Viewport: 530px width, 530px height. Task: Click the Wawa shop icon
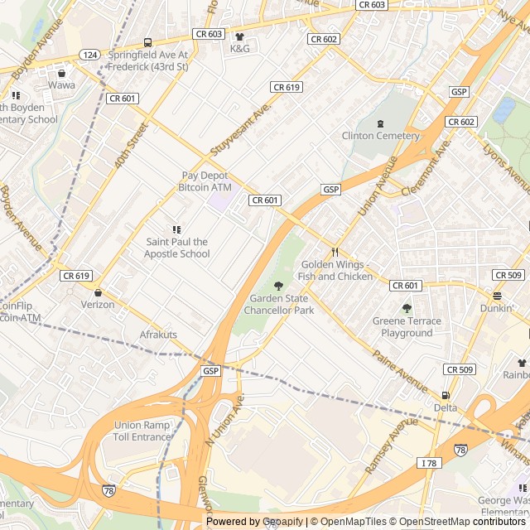(61, 73)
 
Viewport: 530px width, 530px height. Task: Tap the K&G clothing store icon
(240, 37)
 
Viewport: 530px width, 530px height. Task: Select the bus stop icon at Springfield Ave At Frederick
(148, 43)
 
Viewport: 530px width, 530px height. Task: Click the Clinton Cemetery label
(381, 136)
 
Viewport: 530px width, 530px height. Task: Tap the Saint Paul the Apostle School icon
(176, 229)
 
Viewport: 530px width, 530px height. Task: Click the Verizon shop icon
(99, 292)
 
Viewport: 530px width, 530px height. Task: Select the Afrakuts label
(157, 335)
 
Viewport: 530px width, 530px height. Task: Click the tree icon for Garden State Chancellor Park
(278, 286)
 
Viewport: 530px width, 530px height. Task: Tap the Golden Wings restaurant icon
(335, 252)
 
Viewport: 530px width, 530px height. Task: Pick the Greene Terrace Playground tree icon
(407, 308)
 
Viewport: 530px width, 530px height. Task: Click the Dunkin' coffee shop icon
(497, 296)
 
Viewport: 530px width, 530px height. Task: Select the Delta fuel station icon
(446, 396)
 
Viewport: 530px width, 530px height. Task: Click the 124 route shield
(89, 54)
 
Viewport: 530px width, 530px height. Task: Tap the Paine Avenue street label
(400, 372)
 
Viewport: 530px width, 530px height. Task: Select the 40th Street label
(131, 147)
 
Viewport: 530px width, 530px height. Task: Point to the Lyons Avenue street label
(507, 166)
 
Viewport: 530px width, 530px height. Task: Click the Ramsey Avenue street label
(391, 446)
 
